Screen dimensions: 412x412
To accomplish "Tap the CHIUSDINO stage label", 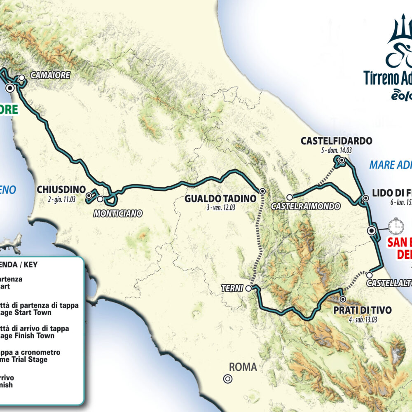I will click(x=61, y=190).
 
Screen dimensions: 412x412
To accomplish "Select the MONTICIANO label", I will click(x=118, y=213).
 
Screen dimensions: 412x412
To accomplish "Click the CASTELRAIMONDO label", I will click(x=305, y=206).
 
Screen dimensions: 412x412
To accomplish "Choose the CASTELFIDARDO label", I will click(x=336, y=141).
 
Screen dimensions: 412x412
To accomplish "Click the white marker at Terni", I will click(x=248, y=289).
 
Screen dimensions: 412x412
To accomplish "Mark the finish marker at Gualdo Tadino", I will click(x=262, y=191).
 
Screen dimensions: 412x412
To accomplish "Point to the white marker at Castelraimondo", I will click(x=290, y=197).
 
